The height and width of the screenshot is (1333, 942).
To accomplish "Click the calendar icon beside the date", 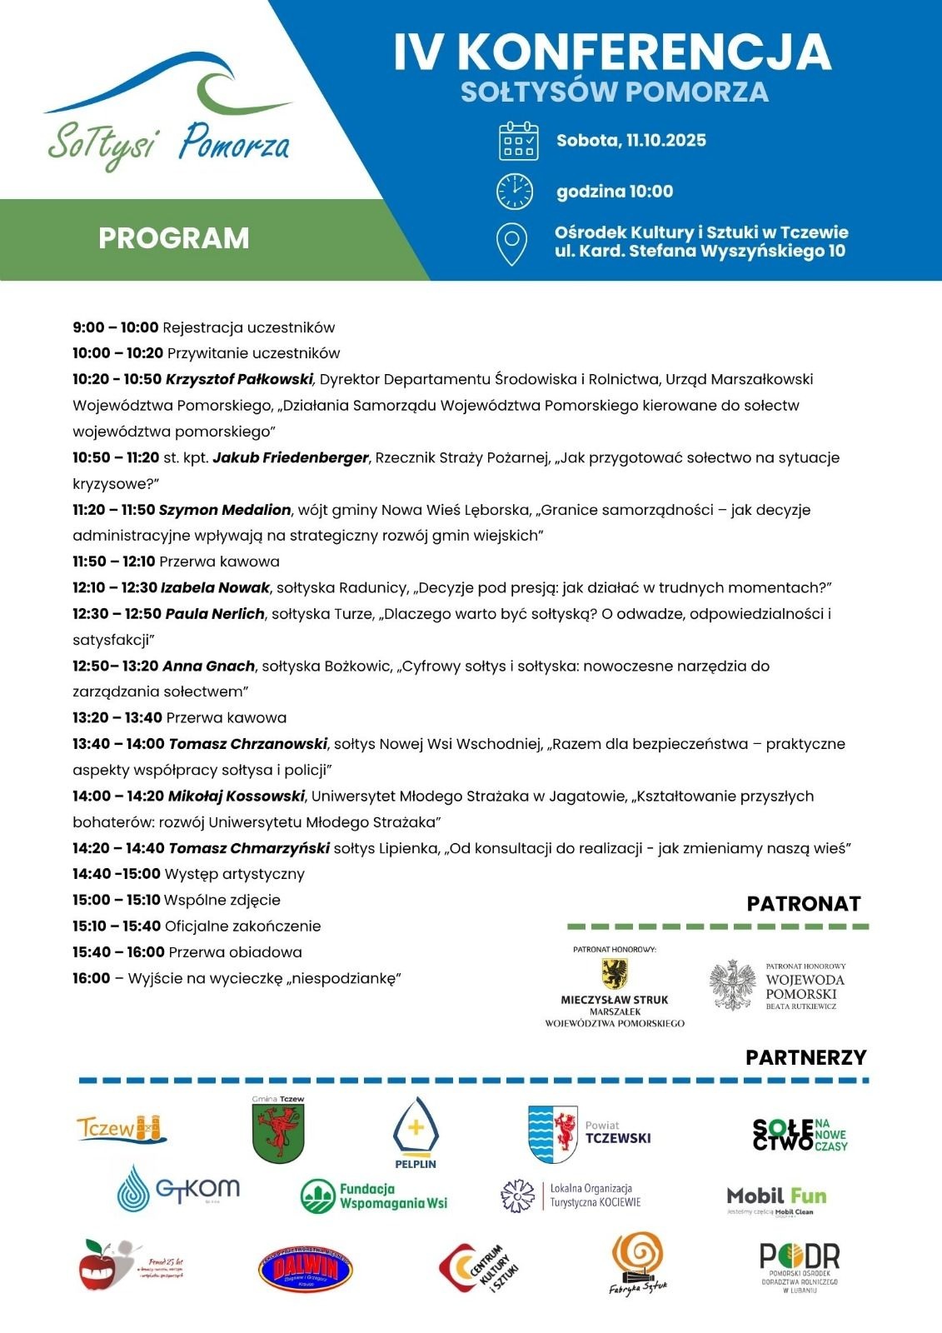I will [x=517, y=141].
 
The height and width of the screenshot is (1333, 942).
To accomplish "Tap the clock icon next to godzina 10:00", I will [x=515, y=192].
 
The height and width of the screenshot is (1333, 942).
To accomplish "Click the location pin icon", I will [x=511, y=243].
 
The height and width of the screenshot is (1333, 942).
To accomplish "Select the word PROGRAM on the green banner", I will [x=174, y=238].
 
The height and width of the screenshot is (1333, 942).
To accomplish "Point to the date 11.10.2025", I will [x=665, y=140].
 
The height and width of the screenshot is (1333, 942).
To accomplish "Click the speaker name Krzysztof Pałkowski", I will [x=239, y=380].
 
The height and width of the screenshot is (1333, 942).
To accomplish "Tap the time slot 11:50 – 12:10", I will [x=113, y=562].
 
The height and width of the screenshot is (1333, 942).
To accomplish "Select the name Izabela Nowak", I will [x=215, y=588].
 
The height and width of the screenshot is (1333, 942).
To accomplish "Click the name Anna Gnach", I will [x=208, y=666].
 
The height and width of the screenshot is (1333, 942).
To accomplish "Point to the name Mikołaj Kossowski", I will [x=237, y=796].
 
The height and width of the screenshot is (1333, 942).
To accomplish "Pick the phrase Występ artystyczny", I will [x=235, y=874].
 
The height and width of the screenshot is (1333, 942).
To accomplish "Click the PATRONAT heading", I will [x=803, y=904].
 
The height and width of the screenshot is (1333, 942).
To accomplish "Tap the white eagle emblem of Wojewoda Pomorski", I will [x=732, y=986].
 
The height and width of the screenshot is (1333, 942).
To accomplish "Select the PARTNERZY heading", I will [x=805, y=1057].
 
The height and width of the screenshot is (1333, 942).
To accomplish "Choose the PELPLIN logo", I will [x=416, y=1133].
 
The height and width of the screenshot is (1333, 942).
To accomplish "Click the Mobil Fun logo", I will [x=776, y=1199].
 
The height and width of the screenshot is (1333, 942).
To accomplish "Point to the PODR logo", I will [x=799, y=1266].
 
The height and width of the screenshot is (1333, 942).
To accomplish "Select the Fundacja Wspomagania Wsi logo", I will [x=374, y=1196].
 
